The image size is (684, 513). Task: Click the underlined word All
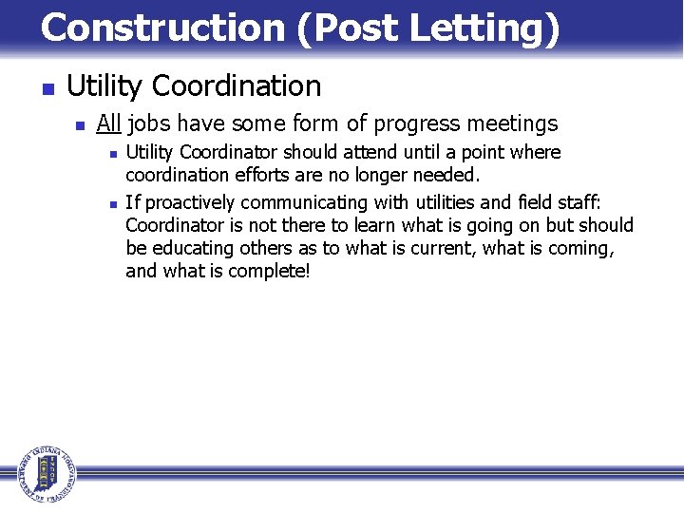tap(108, 123)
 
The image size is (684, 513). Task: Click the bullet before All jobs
tap(80, 125)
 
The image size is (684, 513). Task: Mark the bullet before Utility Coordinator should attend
tap(112, 153)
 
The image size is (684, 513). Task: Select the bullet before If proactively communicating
tap(112, 202)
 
